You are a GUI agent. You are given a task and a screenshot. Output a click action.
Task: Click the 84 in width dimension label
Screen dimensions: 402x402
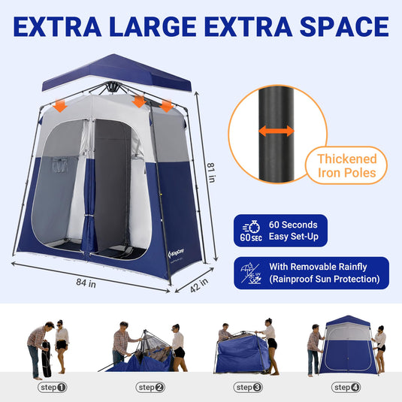86,284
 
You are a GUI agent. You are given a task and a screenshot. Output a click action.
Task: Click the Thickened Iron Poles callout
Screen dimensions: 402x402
346,166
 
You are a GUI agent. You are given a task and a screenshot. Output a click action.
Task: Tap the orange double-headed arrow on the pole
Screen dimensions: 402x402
277,131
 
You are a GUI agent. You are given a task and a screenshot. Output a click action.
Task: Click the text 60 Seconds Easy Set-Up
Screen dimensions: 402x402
294,231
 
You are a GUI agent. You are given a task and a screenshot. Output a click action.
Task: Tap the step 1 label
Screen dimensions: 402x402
52,388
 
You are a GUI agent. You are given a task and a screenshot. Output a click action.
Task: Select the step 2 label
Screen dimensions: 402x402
150,388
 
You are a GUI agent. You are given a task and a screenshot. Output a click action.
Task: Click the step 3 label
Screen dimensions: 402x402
248,388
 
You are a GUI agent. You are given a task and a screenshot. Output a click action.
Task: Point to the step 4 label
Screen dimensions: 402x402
346,388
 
